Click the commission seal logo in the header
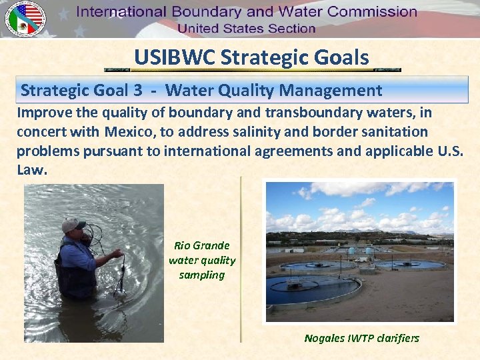point(24,18)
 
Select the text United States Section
point(246,28)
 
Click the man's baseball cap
point(73,225)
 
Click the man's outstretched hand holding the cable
point(117,253)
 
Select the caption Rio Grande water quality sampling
point(202,260)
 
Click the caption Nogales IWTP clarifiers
point(361,338)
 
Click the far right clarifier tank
point(409,264)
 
